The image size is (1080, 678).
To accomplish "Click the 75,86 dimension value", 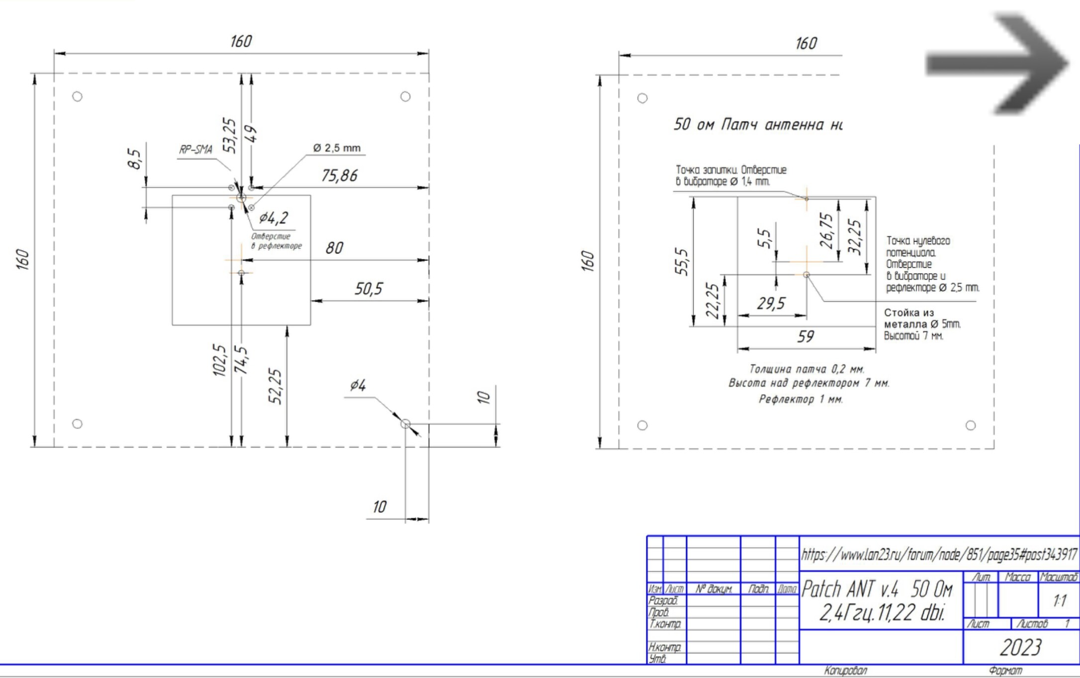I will pyautogui.click(x=339, y=175).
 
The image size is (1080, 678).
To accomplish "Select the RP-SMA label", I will pyautogui.click(x=195, y=149).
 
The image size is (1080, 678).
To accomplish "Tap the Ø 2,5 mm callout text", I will pyautogui.click(x=337, y=148).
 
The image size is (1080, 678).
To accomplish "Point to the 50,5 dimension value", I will pyautogui.click(x=368, y=289).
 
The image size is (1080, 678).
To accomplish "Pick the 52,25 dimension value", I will pyautogui.click(x=275, y=386).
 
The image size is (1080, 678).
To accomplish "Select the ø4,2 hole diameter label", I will pyautogui.click(x=273, y=218).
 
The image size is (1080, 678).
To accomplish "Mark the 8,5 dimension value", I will pyautogui.click(x=134, y=159).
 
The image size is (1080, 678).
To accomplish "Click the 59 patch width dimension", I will pyautogui.click(x=806, y=337).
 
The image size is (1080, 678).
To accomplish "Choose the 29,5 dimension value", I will pyautogui.click(x=771, y=303).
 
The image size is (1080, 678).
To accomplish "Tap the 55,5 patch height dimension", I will pyautogui.click(x=682, y=261).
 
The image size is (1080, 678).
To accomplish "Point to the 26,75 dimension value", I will pyautogui.click(x=826, y=231).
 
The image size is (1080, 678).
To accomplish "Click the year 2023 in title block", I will pyautogui.click(x=1020, y=647).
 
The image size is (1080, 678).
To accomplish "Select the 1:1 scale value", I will pyautogui.click(x=1059, y=601).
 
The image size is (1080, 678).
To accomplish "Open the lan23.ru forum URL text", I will pyautogui.click(x=939, y=555).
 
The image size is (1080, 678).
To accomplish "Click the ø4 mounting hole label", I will pyautogui.click(x=358, y=385).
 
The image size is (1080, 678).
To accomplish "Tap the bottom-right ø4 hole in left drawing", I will pyautogui.click(x=405, y=424).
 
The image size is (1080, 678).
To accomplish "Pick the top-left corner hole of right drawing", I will pyautogui.click(x=642, y=98).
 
